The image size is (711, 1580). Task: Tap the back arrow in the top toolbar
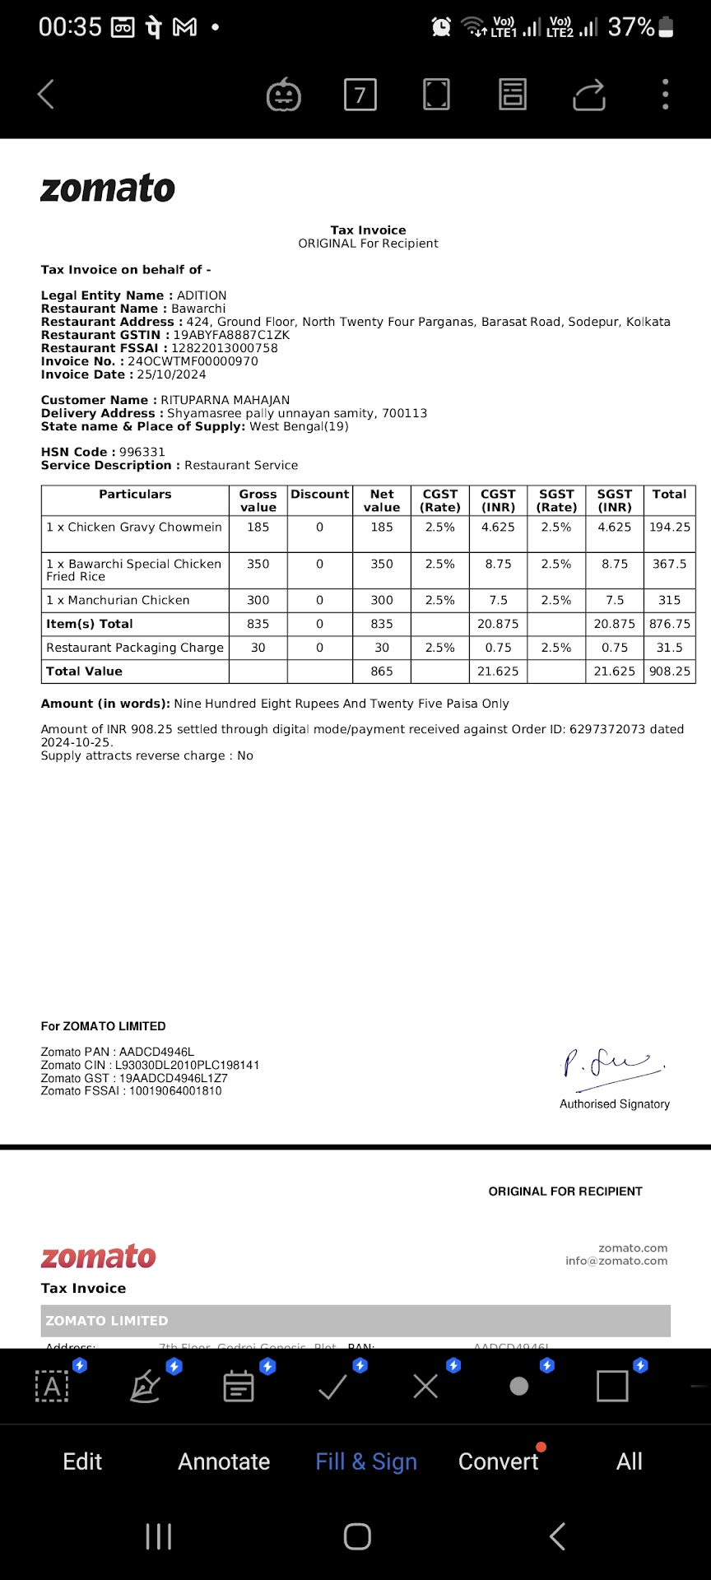pos(46,95)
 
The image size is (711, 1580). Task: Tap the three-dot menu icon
pos(665,95)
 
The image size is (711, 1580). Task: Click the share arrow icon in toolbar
pos(589,95)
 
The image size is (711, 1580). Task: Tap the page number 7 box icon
pos(360,95)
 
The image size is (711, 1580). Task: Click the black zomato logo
pos(108,188)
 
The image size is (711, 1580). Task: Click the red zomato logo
pos(99,1257)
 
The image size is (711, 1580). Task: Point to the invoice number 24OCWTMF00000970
pos(193,361)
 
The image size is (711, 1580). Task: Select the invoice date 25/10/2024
pos(171,374)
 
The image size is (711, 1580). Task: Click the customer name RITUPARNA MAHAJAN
pos(225,400)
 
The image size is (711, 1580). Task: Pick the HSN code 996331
pos(142,452)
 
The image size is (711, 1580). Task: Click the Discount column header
pos(319,495)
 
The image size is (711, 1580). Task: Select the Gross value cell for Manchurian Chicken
pos(258,601)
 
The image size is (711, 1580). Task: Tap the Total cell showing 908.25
pos(669,671)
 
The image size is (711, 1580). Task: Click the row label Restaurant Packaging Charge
pos(135,648)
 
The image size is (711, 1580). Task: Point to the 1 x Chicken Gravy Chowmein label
pos(134,527)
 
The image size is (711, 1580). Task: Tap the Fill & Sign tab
pos(366,1461)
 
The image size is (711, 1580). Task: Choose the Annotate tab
pos(224,1461)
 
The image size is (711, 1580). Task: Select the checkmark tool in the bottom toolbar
pos(332,1387)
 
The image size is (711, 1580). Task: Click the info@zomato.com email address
pos(616,1261)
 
